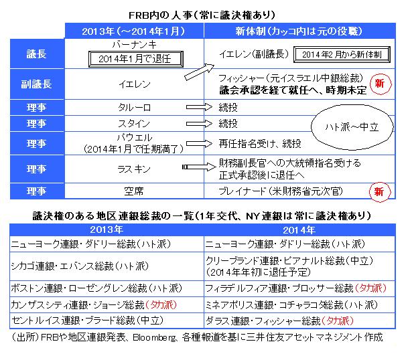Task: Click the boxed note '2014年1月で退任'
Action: pyautogui.click(x=137, y=59)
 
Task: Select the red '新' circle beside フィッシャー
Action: pyautogui.click(x=379, y=84)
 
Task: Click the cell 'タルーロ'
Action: pyautogui.click(x=136, y=106)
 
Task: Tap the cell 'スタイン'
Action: pyautogui.click(x=136, y=124)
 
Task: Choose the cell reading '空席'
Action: pyautogui.click(x=136, y=191)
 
